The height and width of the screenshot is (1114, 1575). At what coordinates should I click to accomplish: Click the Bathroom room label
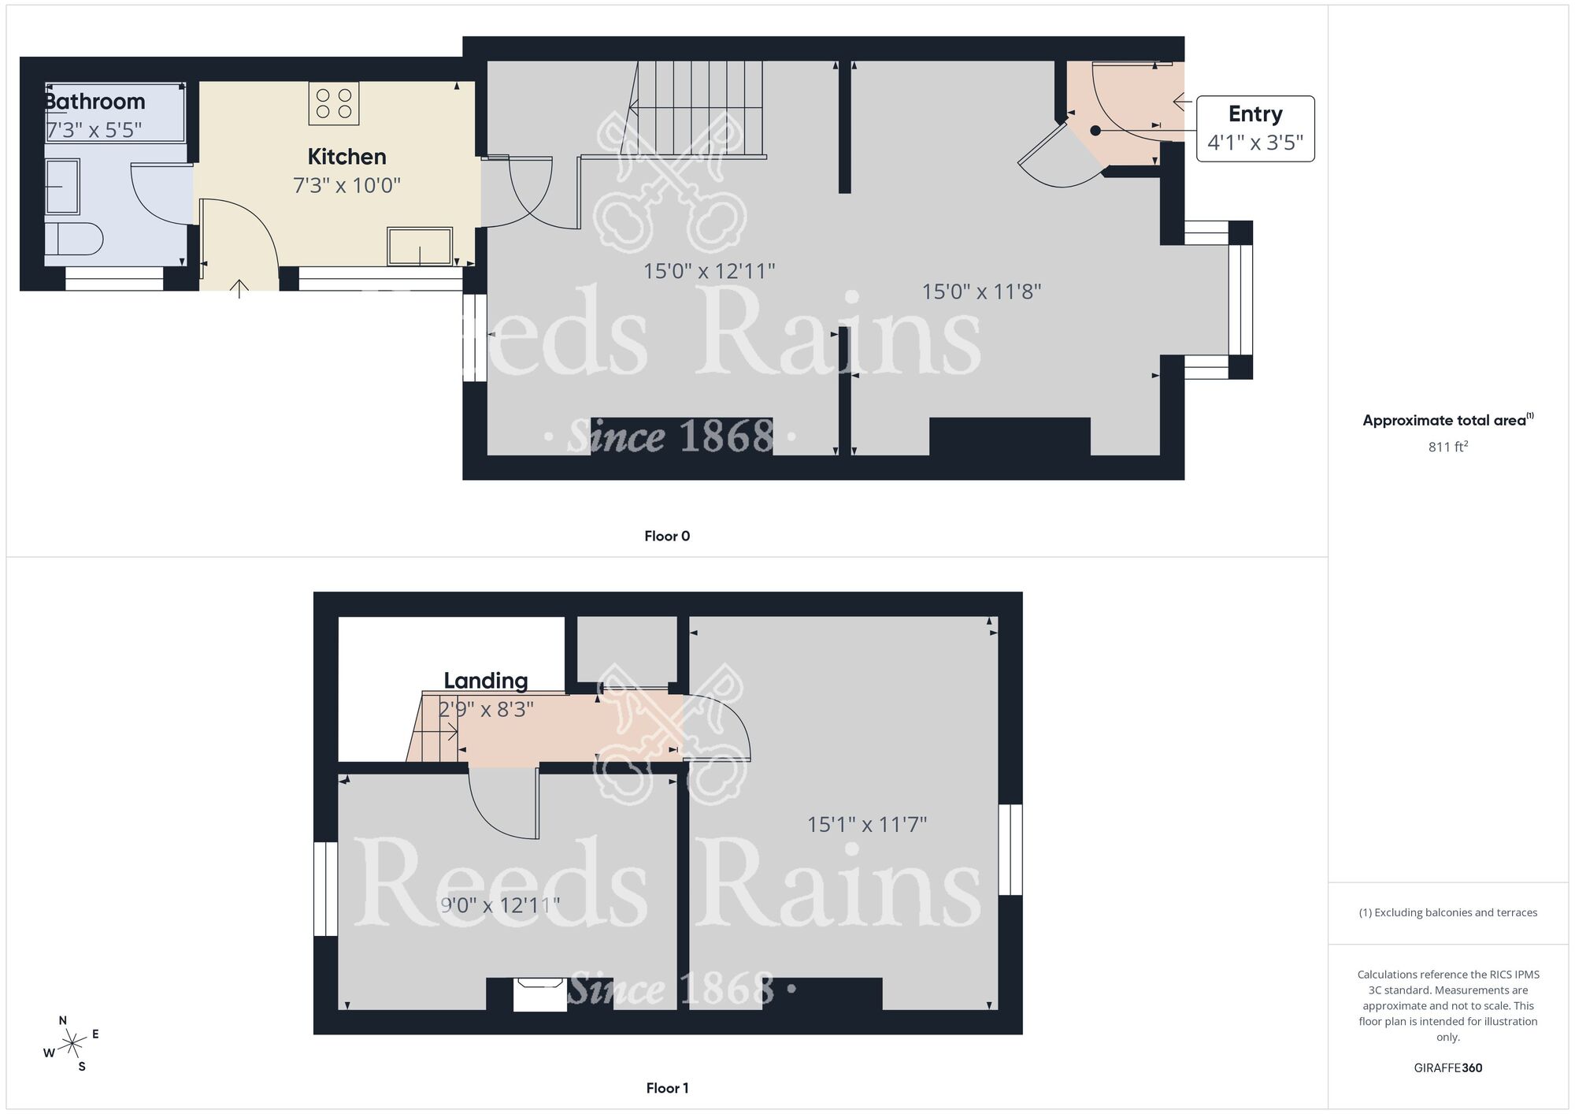94,102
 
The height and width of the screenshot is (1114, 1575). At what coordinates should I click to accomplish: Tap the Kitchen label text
346,157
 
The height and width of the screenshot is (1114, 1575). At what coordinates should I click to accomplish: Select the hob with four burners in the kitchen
334,103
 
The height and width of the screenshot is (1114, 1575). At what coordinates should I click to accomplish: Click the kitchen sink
420,246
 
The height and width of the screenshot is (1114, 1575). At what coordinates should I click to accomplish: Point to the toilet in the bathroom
73,239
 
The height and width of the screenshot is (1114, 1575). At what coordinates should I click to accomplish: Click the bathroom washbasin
62,187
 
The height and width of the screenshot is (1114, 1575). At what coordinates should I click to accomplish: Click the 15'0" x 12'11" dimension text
709,272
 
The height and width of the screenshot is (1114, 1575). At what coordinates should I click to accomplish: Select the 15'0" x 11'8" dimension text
981,292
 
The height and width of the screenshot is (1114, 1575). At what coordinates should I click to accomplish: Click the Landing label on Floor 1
485,681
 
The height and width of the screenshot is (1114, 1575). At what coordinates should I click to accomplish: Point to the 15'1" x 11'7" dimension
866,825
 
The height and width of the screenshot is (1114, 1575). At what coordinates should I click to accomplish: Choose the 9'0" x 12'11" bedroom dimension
500,905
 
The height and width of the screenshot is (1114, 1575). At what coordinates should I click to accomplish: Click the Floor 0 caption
667,537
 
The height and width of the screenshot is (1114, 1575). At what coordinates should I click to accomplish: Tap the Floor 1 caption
667,1088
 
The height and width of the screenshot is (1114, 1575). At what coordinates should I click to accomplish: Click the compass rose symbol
72,1044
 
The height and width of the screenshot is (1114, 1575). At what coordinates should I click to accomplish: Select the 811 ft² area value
1447,447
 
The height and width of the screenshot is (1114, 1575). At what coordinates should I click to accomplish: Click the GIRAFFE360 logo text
1447,1068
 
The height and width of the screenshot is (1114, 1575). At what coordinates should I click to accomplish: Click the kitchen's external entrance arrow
239,288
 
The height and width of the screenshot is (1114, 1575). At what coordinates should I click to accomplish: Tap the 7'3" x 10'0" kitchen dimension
346,186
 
